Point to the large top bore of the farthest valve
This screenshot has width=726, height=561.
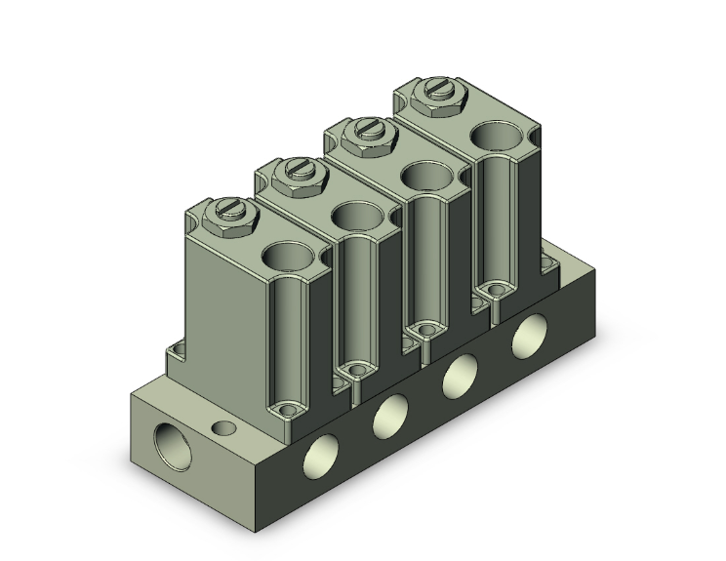498,140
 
